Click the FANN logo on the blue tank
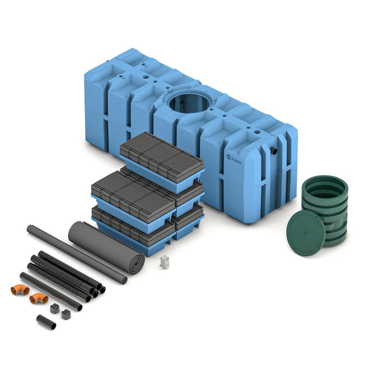(x=234, y=160)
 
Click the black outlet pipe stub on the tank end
(x=274, y=150)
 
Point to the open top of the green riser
(x=325, y=188)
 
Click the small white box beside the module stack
(x=164, y=261)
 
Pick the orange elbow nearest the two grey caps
(x=39, y=298)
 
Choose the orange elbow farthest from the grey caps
(x=20, y=290)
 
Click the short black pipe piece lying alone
(x=46, y=322)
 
